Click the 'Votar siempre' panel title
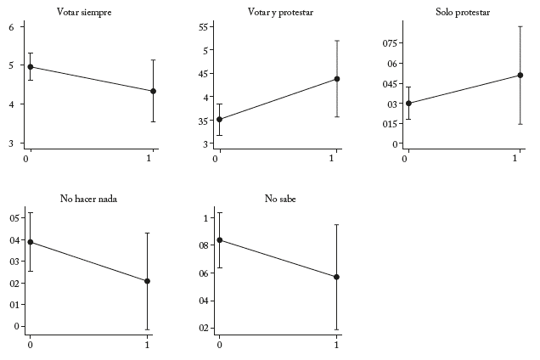pyautogui.click(x=83, y=12)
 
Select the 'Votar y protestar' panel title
pyautogui.click(x=279, y=12)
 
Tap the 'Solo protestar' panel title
pyautogui.click(x=462, y=12)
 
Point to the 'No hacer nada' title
pyautogui.click(x=88, y=199)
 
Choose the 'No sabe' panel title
pyautogui.click(x=280, y=199)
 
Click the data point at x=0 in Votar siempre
pyautogui.click(x=31, y=66)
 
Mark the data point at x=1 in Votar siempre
pyautogui.click(x=153, y=91)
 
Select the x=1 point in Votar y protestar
pyautogui.click(x=337, y=79)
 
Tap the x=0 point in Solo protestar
pyautogui.click(x=408, y=104)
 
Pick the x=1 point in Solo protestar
pyautogui.click(x=520, y=75)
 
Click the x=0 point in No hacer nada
pyautogui.click(x=31, y=242)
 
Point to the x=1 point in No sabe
pyautogui.click(x=337, y=277)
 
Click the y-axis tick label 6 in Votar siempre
pyautogui.click(x=11, y=27)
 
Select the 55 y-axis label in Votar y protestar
pyautogui.click(x=204, y=27)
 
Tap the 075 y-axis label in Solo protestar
pyautogui.click(x=388, y=42)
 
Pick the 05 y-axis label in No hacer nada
pyautogui.click(x=13, y=218)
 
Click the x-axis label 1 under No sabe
pyautogui.click(x=337, y=345)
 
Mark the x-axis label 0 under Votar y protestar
pyautogui.click(x=217, y=159)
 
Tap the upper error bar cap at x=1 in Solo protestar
pyautogui.click(x=520, y=26)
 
